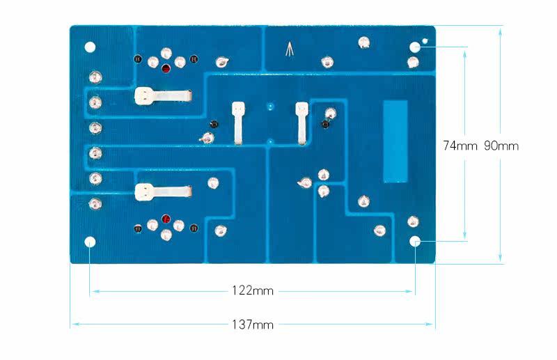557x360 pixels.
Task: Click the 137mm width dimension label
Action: [253, 324]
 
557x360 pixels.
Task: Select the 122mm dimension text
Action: [253, 290]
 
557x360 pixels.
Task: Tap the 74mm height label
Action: [460, 146]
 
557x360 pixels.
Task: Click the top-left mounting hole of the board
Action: [90, 47]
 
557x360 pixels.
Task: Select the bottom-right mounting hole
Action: [415, 242]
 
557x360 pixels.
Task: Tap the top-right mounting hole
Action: [415, 47]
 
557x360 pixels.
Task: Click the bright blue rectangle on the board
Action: [395, 141]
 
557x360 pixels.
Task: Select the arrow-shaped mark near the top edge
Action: [290, 49]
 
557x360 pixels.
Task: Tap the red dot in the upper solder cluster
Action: [166, 68]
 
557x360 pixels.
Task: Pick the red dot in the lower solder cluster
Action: [166, 220]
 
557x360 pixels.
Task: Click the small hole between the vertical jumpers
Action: [270, 108]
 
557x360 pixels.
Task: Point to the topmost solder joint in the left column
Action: [95, 76]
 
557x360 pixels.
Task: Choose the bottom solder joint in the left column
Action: [95, 204]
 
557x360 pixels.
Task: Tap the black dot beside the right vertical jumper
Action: [324, 124]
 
